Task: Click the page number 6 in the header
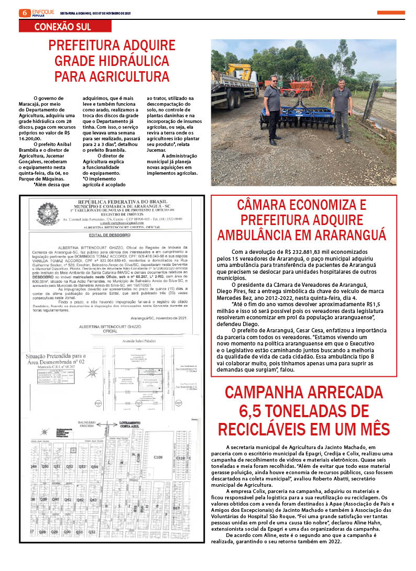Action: pyautogui.click(x=23, y=13)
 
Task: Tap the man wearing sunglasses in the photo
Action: pyautogui.click(x=272, y=109)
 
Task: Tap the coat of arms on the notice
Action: pyautogui.click(x=48, y=214)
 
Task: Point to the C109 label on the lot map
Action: pyautogui.click(x=158, y=457)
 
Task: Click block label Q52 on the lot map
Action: pyautogui.click(x=70, y=466)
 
